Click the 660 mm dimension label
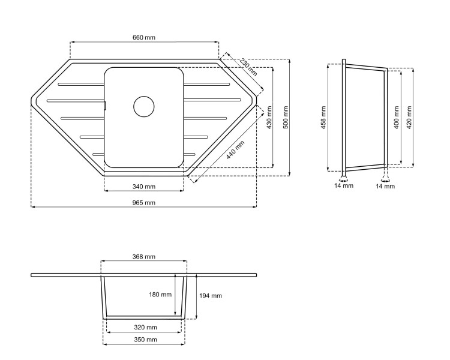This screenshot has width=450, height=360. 144,37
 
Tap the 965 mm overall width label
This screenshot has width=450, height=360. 144,203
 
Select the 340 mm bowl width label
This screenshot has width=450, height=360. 144,187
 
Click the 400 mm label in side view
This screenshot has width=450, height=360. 395,116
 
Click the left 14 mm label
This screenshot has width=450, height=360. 344,186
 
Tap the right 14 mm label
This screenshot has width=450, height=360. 385,186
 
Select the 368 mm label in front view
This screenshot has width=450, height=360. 144,256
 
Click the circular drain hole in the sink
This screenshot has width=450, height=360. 144,106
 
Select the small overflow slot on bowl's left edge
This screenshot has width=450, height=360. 105,106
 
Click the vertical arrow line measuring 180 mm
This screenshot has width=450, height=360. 175,295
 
